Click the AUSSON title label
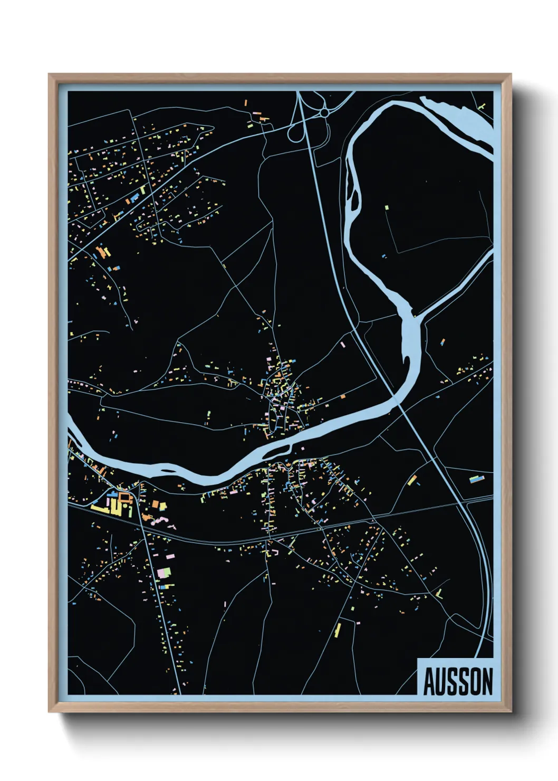457,681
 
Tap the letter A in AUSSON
428,682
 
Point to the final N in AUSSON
487,682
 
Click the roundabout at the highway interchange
324,112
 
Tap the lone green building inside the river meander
387,208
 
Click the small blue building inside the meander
384,256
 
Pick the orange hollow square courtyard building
124,498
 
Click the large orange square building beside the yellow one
156,505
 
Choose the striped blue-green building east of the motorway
477,479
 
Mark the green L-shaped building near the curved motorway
439,595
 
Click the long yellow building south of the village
338,629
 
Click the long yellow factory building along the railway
100,508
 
